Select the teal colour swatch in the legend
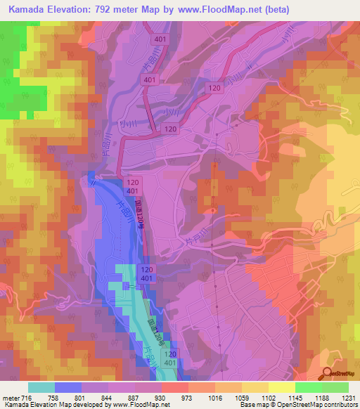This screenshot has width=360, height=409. [41, 387]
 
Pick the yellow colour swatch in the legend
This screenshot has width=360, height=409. [281, 387]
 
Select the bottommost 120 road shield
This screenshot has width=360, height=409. [170, 353]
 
